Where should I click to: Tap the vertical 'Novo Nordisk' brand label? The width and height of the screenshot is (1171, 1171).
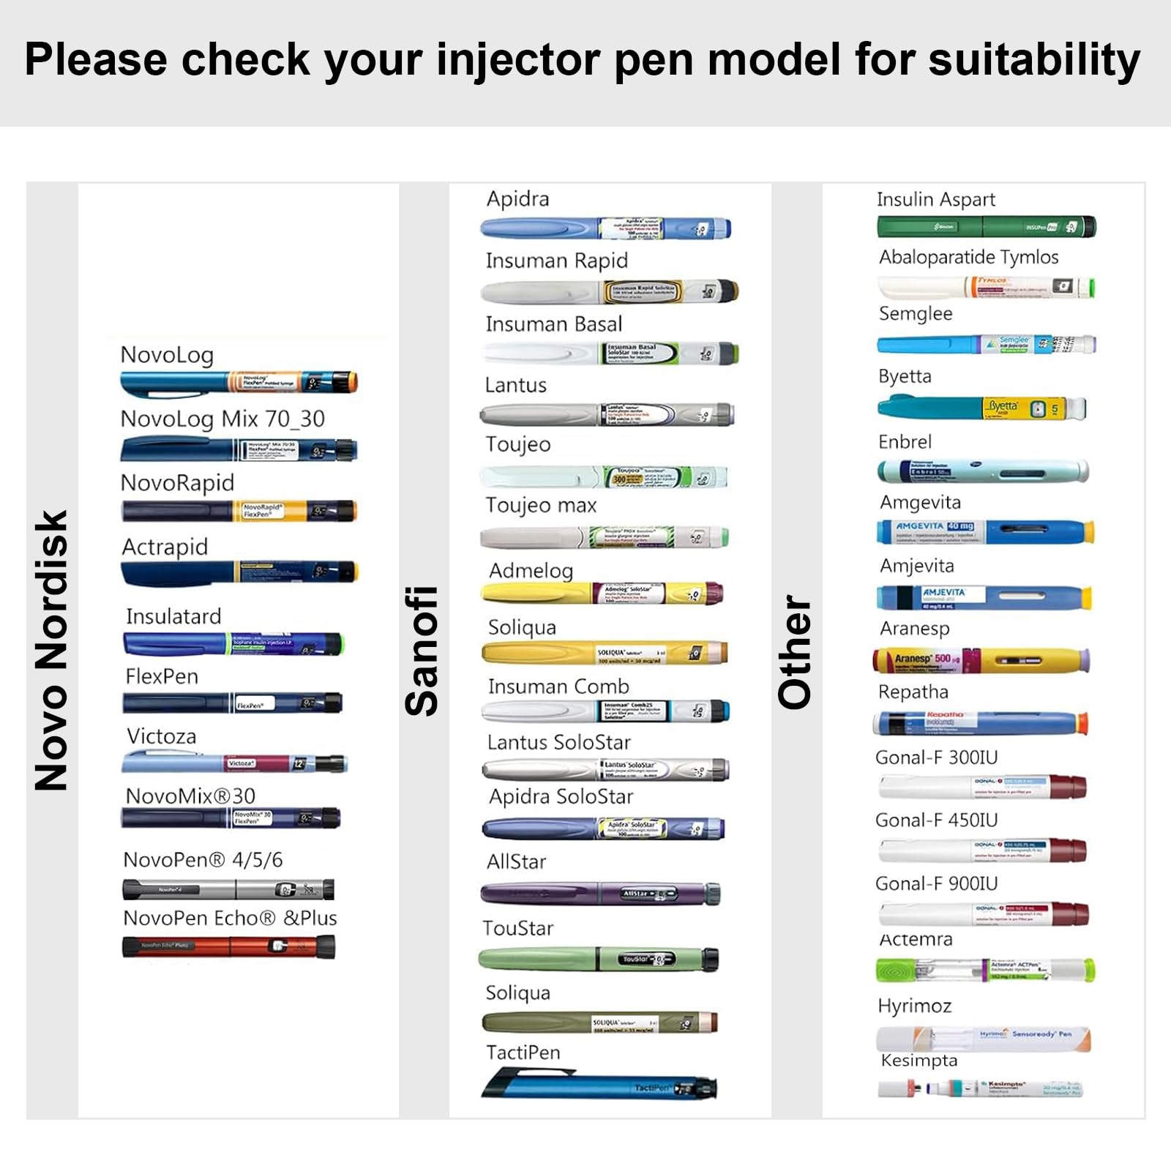(51, 650)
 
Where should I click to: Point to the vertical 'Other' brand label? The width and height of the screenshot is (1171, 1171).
(795, 651)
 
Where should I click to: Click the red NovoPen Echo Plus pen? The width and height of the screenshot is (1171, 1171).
(228, 946)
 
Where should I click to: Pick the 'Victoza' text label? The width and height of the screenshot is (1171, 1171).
(161, 736)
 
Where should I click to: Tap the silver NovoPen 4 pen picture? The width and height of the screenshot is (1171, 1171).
(228, 889)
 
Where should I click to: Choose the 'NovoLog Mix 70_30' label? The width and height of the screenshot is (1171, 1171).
(222, 419)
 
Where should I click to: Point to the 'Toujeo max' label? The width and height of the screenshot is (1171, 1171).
(541, 505)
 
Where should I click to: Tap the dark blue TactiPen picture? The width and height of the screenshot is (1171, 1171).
(599, 1085)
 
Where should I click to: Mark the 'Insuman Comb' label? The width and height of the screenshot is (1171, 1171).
(558, 686)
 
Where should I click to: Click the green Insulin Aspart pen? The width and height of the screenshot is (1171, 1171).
(986, 227)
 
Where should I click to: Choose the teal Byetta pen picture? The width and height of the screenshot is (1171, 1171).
(981, 408)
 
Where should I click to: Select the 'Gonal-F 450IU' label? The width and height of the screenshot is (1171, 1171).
(936, 820)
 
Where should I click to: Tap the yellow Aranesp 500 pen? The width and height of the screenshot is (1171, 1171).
(981, 660)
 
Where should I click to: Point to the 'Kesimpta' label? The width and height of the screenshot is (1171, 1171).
(919, 1060)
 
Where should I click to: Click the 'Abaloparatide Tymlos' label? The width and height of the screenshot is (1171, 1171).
(968, 257)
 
